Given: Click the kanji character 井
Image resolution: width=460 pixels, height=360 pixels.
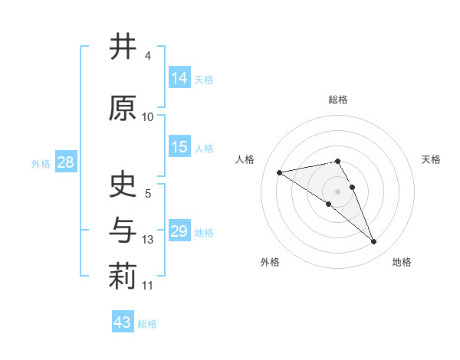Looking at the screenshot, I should pyautogui.click(x=122, y=47).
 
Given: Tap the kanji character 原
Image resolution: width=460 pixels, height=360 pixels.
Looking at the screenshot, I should pyautogui.click(x=122, y=109).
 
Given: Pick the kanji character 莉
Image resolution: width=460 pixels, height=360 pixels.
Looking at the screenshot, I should pyautogui.click(x=122, y=278).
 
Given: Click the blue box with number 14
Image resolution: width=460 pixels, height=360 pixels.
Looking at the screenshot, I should pyautogui.click(x=179, y=78).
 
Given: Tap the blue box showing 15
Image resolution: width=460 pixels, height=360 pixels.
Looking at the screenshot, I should pyautogui.click(x=179, y=148).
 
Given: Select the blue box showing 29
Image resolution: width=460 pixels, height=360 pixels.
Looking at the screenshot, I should pyautogui.click(x=179, y=231).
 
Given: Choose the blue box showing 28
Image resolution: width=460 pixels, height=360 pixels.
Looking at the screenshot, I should pyautogui.click(x=65, y=163).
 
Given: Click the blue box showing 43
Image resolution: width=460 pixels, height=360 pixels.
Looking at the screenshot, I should pyautogui.click(x=123, y=322).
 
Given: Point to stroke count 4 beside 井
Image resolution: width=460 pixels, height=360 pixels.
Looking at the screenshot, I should pyautogui.click(x=147, y=56).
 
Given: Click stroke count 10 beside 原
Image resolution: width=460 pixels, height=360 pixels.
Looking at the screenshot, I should pyautogui.click(x=148, y=117).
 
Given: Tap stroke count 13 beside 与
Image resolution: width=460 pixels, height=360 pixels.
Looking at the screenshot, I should pyautogui.click(x=148, y=240).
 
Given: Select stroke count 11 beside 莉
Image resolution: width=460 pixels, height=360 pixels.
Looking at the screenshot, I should pyautogui.click(x=148, y=286).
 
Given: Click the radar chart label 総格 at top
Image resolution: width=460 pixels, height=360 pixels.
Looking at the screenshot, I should pyautogui.click(x=337, y=100).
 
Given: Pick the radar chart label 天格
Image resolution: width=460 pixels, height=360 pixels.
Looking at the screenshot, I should pyautogui.click(x=432, y=159).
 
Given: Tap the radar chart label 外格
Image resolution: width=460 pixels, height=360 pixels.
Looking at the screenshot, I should pyautogui.click(x=270, y=263).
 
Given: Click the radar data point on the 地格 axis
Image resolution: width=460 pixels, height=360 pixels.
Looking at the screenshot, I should pyautogui.click(x=374, y=242).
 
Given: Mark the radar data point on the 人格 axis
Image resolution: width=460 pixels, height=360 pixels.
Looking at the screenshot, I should pyautogui.click(x=280, y=172).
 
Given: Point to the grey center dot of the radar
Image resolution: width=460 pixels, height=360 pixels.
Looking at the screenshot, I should pyautogui.click(x=337, y=191).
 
